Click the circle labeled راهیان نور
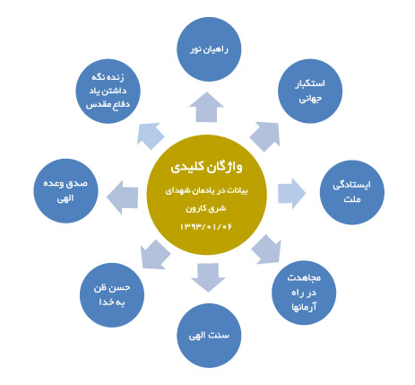[x=209, y=49]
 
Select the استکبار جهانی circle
[x=310, y=91]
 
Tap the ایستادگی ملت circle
[x=352, y=192]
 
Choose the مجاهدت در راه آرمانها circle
[x=304, y=293]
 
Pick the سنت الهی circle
[x=209, y=336]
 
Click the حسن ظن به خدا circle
[x=112, y=295]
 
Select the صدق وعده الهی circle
[x=65, y=191]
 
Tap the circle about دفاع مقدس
[x=108, y=91]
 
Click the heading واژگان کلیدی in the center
[x=207, y=167]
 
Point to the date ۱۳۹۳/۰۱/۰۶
[x=206, y=226]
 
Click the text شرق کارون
[x=206, y=208]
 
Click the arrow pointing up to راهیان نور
[x=206, y=107]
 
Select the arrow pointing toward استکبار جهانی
[x=265, y=136]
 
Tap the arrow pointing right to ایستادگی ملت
[x=291, y=194]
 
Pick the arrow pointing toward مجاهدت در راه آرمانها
[x=267, y=249]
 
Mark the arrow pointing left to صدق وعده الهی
[x=123, y=197]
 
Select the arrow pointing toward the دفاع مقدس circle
[x=151, y=136]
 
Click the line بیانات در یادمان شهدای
[x=207, y=190]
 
